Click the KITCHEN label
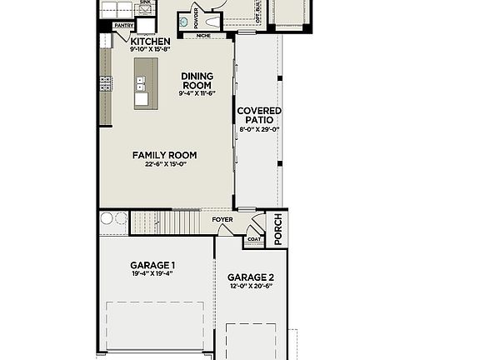(x=151, y=41)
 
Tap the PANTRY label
(x=124, y=26)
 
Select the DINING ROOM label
(x=197, y=81)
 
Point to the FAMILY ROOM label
(x=164, y=155)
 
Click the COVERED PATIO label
(x=259, y=116)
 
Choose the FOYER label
(x=222, y=220)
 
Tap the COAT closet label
(x=253, y=240)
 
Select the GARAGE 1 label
(x=152, y=265)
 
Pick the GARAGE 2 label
(x=252, y=277)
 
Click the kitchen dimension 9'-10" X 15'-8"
(x=151, y=49)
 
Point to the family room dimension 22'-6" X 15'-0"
(x=164, y=164)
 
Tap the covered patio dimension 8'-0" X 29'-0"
(x=259, y=130)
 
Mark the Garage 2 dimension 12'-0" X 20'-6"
(x=252, y=287)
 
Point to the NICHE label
(x=202, y=36)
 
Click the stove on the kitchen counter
(x=106, y=83)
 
